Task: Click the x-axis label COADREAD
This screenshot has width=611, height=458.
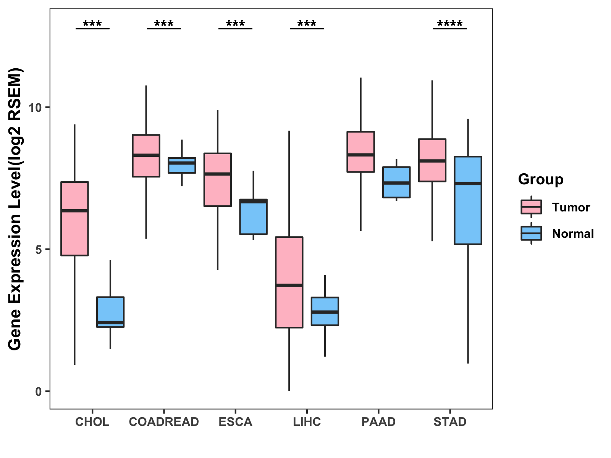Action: click(x=164, y=422)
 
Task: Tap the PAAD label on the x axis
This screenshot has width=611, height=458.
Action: click(x=378, y=422)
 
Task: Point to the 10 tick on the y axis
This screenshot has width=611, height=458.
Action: click(x=35, y=108)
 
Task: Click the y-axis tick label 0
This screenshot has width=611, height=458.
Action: click(x=38, y=392)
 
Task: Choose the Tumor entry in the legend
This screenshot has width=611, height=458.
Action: click(x=571, y=207)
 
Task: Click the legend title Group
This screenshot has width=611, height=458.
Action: click(x=541, y=179)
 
